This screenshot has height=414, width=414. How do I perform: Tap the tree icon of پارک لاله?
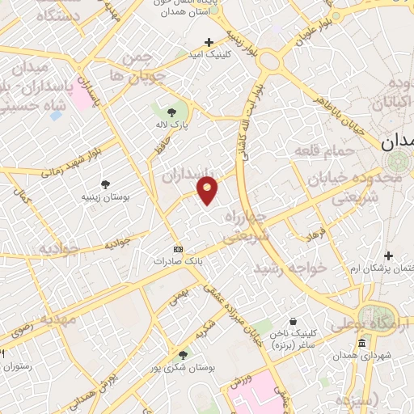[171, 112]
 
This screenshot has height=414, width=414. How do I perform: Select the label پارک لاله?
[171, 126]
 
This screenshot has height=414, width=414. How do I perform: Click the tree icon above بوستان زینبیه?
[106, 184]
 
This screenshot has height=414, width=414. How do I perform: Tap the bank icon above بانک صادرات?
[179, 249]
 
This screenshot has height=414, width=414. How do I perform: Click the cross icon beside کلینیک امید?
[209, 41]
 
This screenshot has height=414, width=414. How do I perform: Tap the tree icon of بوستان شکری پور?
[184, 354]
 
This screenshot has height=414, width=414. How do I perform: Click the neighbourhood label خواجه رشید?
[289, 266]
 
